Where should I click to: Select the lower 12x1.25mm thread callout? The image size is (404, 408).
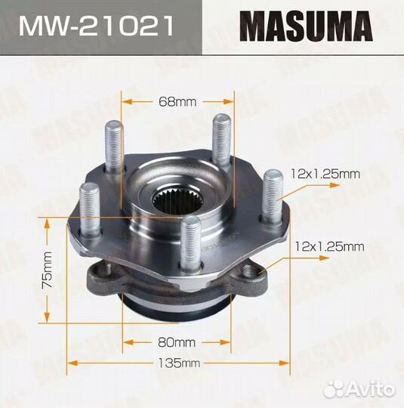click(329, 246)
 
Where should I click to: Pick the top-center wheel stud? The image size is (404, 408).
click(221, 140)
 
